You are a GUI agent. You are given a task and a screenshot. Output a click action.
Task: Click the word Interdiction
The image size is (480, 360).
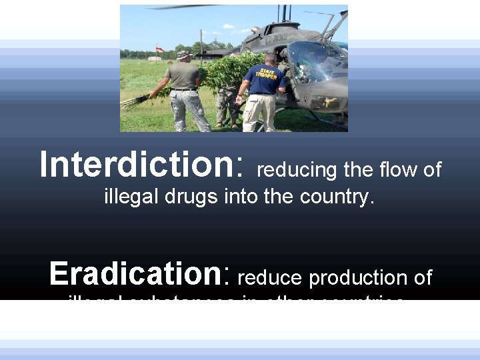tap(137, 164)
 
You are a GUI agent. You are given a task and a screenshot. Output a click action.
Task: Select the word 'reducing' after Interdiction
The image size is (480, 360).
tap(297, 171)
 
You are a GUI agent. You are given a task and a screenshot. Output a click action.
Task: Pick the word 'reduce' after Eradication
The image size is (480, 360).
tap(269, 277)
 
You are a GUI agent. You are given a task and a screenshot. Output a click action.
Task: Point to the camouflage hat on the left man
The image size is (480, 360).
tap(184, 54)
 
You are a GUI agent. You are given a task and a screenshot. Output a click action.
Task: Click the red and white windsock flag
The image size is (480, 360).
tap(160, 49)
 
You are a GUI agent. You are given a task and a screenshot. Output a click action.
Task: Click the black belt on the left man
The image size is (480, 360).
tap(183, 89)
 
